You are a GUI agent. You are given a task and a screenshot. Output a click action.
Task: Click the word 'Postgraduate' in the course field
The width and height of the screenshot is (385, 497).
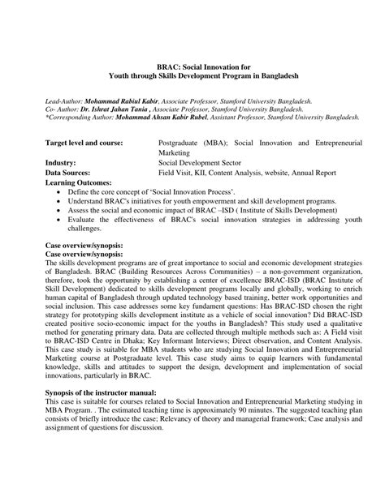click(x=183, y=142)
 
